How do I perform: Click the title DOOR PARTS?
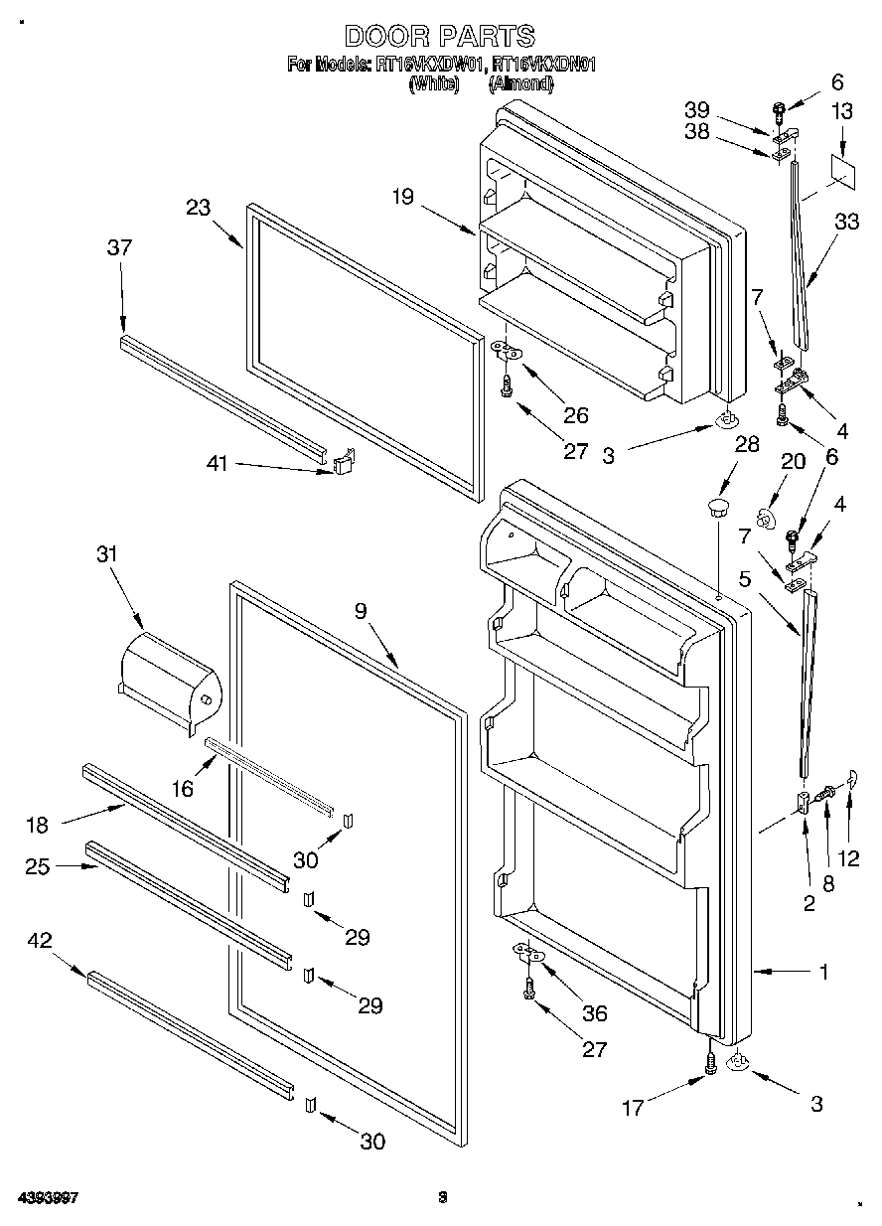pyautogui.click(x=440, y=37)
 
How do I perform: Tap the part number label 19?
pyautogui.click(x=401, y=197)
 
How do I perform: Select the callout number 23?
pyautogui.click(x=199, y=208)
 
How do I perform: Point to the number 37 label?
pyautogui.click(x=119, y=248)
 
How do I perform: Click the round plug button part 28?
pyautogui.click(x=717, y=510)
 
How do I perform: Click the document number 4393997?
pyautogui.click(x=47, y=1198)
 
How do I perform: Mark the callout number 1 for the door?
pyautogui.click(x=823, y=973)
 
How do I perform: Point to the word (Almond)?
pyautogui.click(x=520, y=84)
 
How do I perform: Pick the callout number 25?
pyautogui.click(x=39, y=866)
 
